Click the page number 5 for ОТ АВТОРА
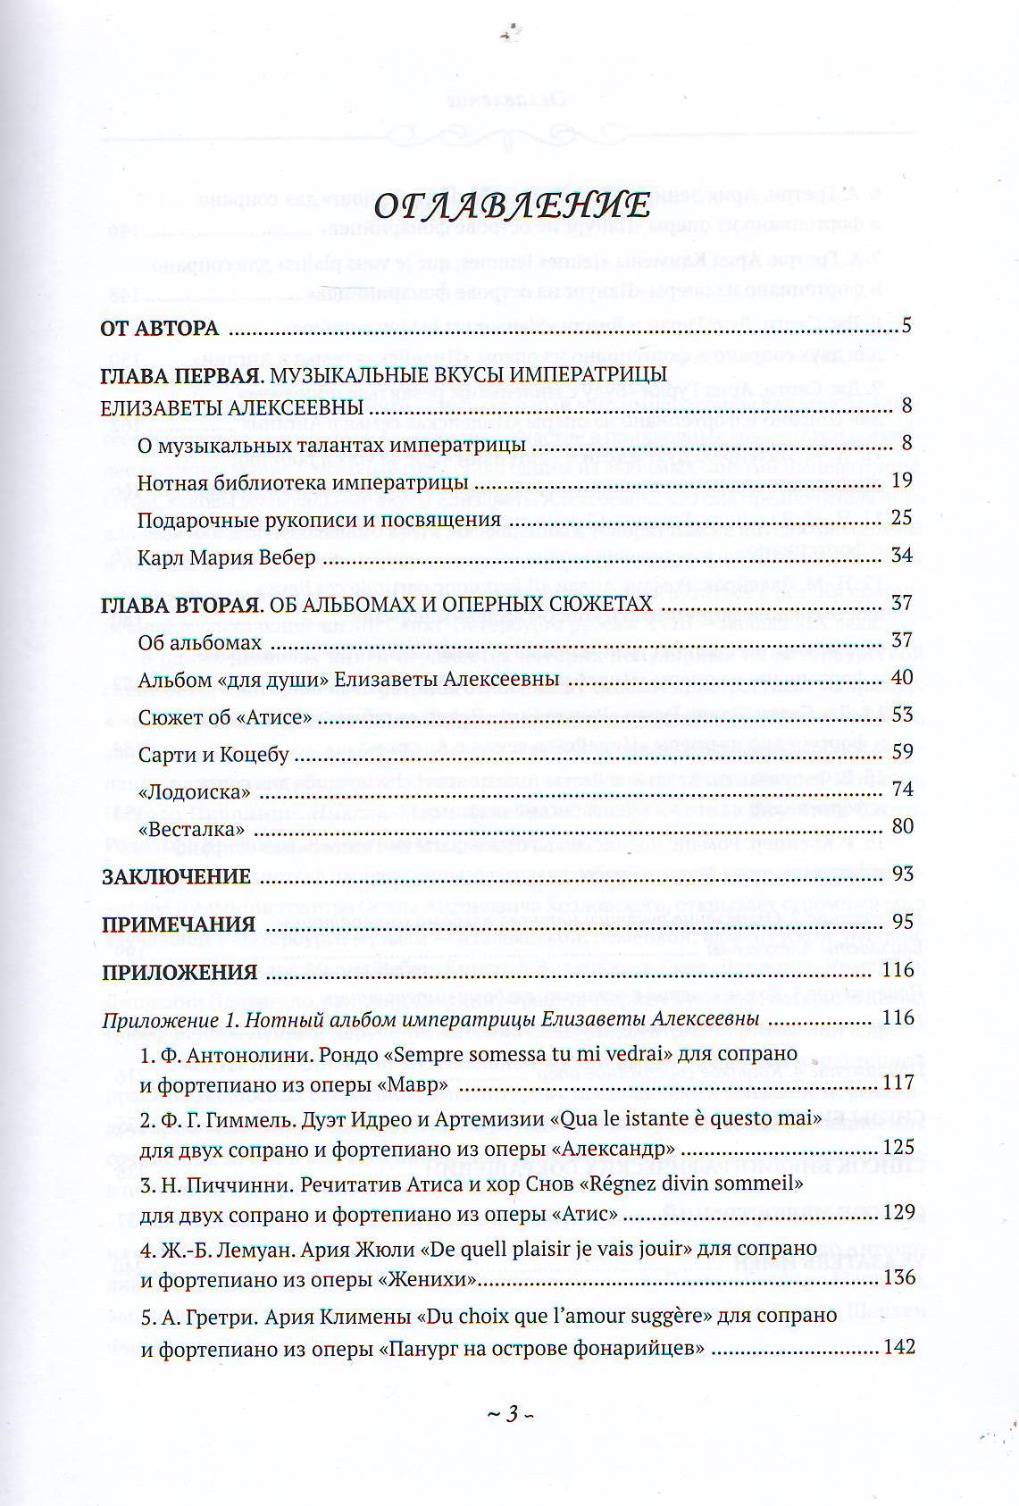pos(906,325)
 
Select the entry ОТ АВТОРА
pos(161,328)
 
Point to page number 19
pos(901,481)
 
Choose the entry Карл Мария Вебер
pos(227,558)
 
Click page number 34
pos(901,556)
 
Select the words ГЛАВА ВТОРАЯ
pos(180,605)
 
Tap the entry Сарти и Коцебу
pos(214,755)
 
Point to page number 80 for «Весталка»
pos(902,826)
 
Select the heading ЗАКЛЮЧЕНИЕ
pos(175,876)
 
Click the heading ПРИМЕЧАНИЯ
pos(179,924)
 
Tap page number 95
pos(901,921)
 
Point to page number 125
pos(898,1147)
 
